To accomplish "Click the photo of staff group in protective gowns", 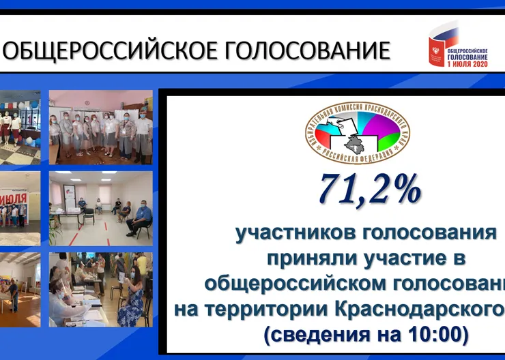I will point(100,127).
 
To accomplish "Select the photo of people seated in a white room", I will point(100,208).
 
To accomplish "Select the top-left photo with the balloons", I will point(20,127).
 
